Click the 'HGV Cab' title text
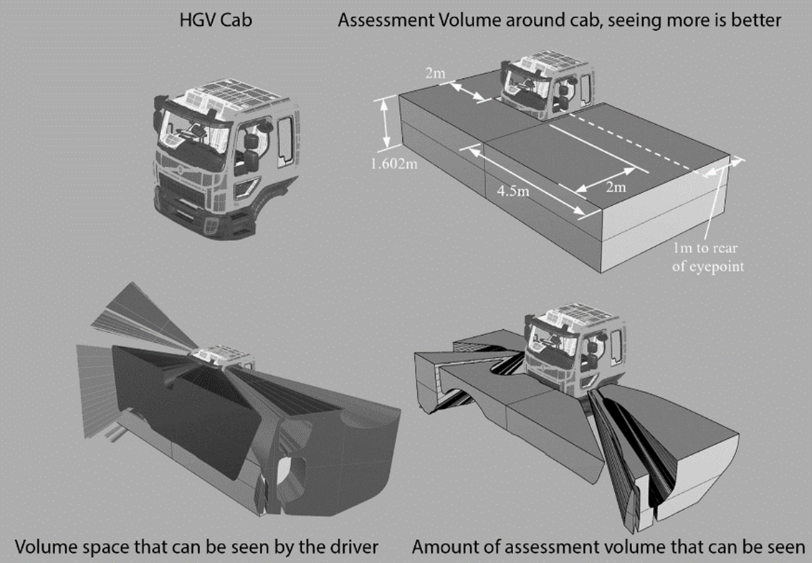(216, 20)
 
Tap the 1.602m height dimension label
(395, 165)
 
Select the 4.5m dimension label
(515, 192)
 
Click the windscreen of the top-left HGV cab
(191, 134)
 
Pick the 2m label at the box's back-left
(434, 73)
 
